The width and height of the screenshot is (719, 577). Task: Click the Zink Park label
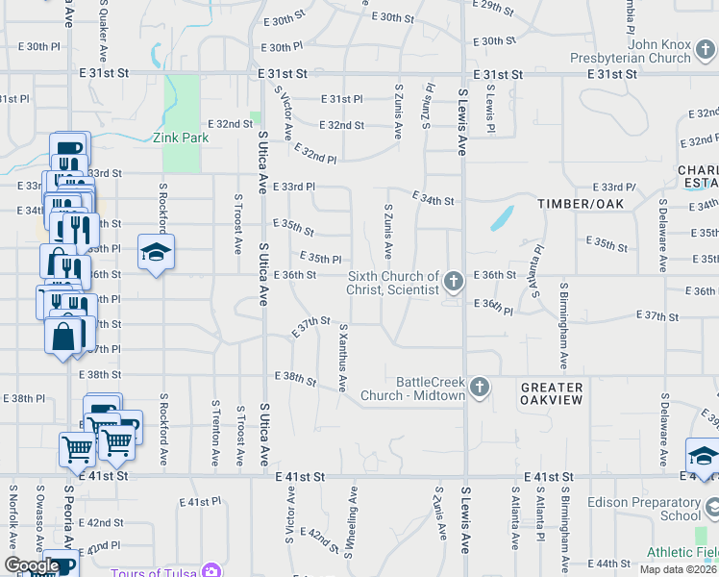tap(181, 138)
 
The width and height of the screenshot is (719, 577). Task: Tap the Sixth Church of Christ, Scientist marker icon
tap(454, 282)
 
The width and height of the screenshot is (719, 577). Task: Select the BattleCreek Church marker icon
tap(479, 388)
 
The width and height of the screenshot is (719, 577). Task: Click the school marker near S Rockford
tap(156, 253)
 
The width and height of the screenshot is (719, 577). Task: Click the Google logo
tap(33, 565)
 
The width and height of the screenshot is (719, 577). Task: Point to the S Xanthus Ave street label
tap(342, 357)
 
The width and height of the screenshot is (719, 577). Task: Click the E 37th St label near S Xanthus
tap(311, 326)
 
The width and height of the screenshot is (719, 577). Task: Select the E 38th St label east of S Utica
tap(296, 378)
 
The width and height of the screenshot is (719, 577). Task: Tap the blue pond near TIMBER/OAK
tap(501, 218)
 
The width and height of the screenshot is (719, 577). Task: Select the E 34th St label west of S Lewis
tap(432, 200)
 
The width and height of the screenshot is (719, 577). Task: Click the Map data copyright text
tap(679, 569)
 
